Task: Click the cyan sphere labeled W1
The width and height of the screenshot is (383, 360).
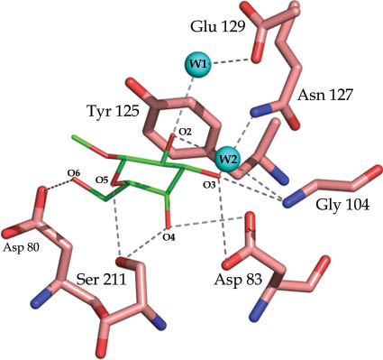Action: coord(198,65)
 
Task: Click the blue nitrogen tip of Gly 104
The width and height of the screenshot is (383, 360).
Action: coord(291,201)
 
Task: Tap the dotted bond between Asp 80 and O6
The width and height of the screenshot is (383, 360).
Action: coord(59,181)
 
